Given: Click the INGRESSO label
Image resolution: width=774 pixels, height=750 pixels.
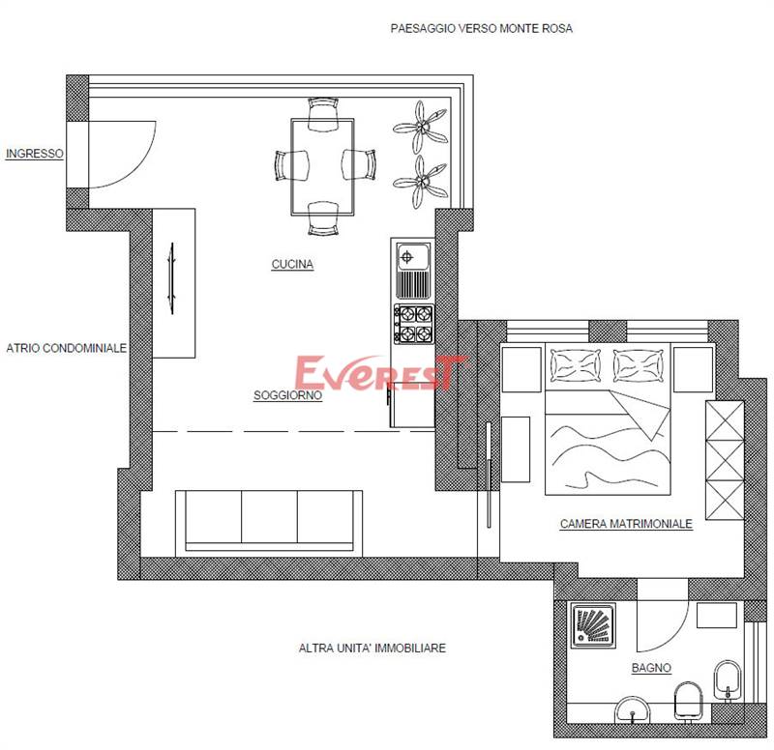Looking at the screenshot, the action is point(35,154).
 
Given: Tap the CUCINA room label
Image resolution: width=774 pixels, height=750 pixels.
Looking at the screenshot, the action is point(293,264).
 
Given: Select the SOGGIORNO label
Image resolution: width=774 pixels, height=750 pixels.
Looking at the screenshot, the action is point(287,395).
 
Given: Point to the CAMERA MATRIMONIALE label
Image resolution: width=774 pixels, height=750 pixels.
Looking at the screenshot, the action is point(626,523).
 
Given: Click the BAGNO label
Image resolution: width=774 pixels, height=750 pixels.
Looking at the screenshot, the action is point(651,668).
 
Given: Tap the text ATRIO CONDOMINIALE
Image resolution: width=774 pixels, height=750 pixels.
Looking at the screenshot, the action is point(66,348).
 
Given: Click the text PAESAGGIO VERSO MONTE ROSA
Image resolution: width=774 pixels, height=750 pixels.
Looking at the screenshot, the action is point(481,28).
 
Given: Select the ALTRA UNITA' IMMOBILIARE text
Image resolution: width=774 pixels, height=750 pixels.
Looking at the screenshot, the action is point(372,648).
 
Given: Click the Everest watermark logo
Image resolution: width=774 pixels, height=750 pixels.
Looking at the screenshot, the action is point(381,372).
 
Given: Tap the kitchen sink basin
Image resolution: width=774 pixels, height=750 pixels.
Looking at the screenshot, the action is point(413,257).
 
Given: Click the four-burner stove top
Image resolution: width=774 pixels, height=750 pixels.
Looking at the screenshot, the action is point(414,324).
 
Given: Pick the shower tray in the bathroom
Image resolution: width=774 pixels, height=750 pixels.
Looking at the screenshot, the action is point(593,625).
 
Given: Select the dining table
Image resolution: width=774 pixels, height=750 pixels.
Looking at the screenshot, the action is point(323,166).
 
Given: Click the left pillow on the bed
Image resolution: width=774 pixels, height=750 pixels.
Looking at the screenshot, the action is point(576,365).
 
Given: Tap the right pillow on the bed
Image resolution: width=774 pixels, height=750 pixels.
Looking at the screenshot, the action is point(639,365).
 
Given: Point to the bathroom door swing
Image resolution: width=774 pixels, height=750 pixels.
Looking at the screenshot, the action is point(674,633).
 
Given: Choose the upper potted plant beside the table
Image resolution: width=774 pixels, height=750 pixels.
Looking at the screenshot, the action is point(421,128).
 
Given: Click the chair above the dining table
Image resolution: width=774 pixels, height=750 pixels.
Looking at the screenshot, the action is point(323,114).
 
